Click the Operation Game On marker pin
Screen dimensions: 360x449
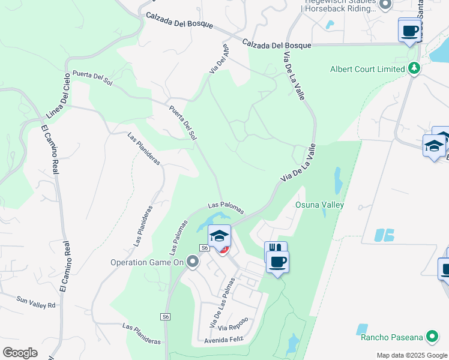coord(193,261)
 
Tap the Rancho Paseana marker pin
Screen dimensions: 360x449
coord(432,337)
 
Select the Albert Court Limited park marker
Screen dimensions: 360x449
coord(413,68)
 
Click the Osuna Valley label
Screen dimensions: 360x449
coord(319,205)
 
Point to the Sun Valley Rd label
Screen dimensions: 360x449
coord(36,302)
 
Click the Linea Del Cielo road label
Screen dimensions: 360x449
coord(58,97)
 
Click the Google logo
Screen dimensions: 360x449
coord(20,353)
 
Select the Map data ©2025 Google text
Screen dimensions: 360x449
coord(411,355)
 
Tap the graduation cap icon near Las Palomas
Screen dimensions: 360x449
coord(220,235)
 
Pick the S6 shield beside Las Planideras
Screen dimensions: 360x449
coord(166,316)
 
